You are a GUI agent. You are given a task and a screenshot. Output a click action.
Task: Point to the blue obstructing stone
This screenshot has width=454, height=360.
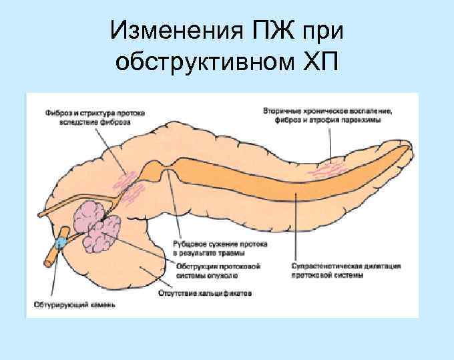pyautogui.click(x=61, y=238)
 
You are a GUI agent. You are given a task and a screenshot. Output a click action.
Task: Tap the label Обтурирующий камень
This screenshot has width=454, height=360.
pyautogui.click(x=74, y=306)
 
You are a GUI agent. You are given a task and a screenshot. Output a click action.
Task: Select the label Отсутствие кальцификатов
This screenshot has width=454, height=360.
pyautogui.click(x=204, y=292)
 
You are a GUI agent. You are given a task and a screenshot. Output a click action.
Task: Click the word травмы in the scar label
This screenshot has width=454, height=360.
pyautogui.click(x=232, y=253)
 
